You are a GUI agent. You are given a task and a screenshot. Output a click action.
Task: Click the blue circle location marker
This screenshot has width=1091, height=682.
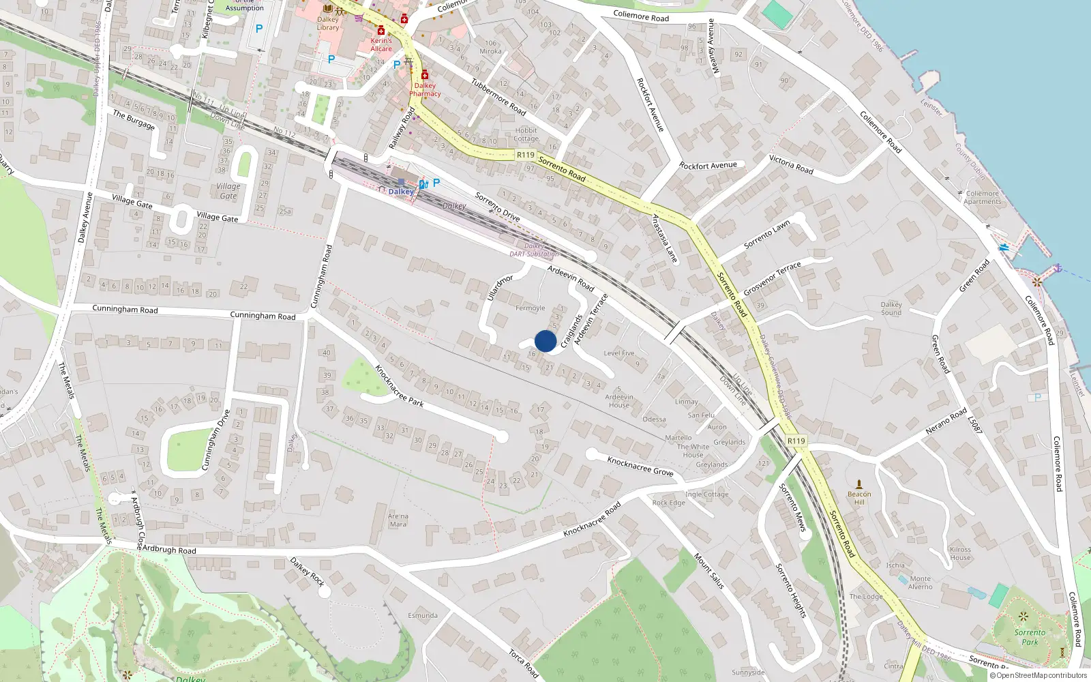point(545,341)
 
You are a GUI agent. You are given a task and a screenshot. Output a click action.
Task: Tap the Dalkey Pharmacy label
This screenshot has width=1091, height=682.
point(425,90)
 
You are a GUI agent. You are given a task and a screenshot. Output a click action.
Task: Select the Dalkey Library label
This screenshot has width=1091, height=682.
point(328,24)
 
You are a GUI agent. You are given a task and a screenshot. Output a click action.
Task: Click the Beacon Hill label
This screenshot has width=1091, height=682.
point(859,498)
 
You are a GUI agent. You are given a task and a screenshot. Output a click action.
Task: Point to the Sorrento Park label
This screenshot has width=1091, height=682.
point(1030,637)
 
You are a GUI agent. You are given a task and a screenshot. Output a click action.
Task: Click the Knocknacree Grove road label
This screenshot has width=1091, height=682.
point(640,466)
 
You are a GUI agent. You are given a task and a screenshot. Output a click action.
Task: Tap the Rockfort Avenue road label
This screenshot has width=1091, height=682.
point(708,166)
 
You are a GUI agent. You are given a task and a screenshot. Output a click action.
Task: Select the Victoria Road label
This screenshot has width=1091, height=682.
point(791,164)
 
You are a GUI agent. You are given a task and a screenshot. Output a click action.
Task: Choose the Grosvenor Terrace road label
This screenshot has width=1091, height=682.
point(772,278)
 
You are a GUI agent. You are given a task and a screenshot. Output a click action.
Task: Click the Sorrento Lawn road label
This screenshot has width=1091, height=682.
point(766,234)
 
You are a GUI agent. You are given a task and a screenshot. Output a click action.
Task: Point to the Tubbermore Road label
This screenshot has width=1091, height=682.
point(498,95)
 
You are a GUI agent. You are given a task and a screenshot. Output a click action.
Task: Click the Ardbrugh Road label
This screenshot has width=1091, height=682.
point(169,550)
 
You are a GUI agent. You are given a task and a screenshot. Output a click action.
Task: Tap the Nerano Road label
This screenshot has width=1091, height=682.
point(946,421)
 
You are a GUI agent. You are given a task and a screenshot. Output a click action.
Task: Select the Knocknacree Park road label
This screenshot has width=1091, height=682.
point(399,386)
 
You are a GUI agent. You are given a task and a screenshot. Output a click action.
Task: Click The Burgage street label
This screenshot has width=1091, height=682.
point(134,119)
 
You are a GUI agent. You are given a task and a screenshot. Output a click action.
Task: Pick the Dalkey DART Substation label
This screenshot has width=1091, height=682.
point(534,250)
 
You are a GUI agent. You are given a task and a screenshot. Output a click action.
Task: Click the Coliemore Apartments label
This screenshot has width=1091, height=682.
point(982,198)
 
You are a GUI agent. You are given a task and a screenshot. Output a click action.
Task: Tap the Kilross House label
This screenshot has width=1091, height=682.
point(960,553)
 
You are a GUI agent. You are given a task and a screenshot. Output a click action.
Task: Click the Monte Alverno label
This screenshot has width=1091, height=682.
point(920,582)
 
